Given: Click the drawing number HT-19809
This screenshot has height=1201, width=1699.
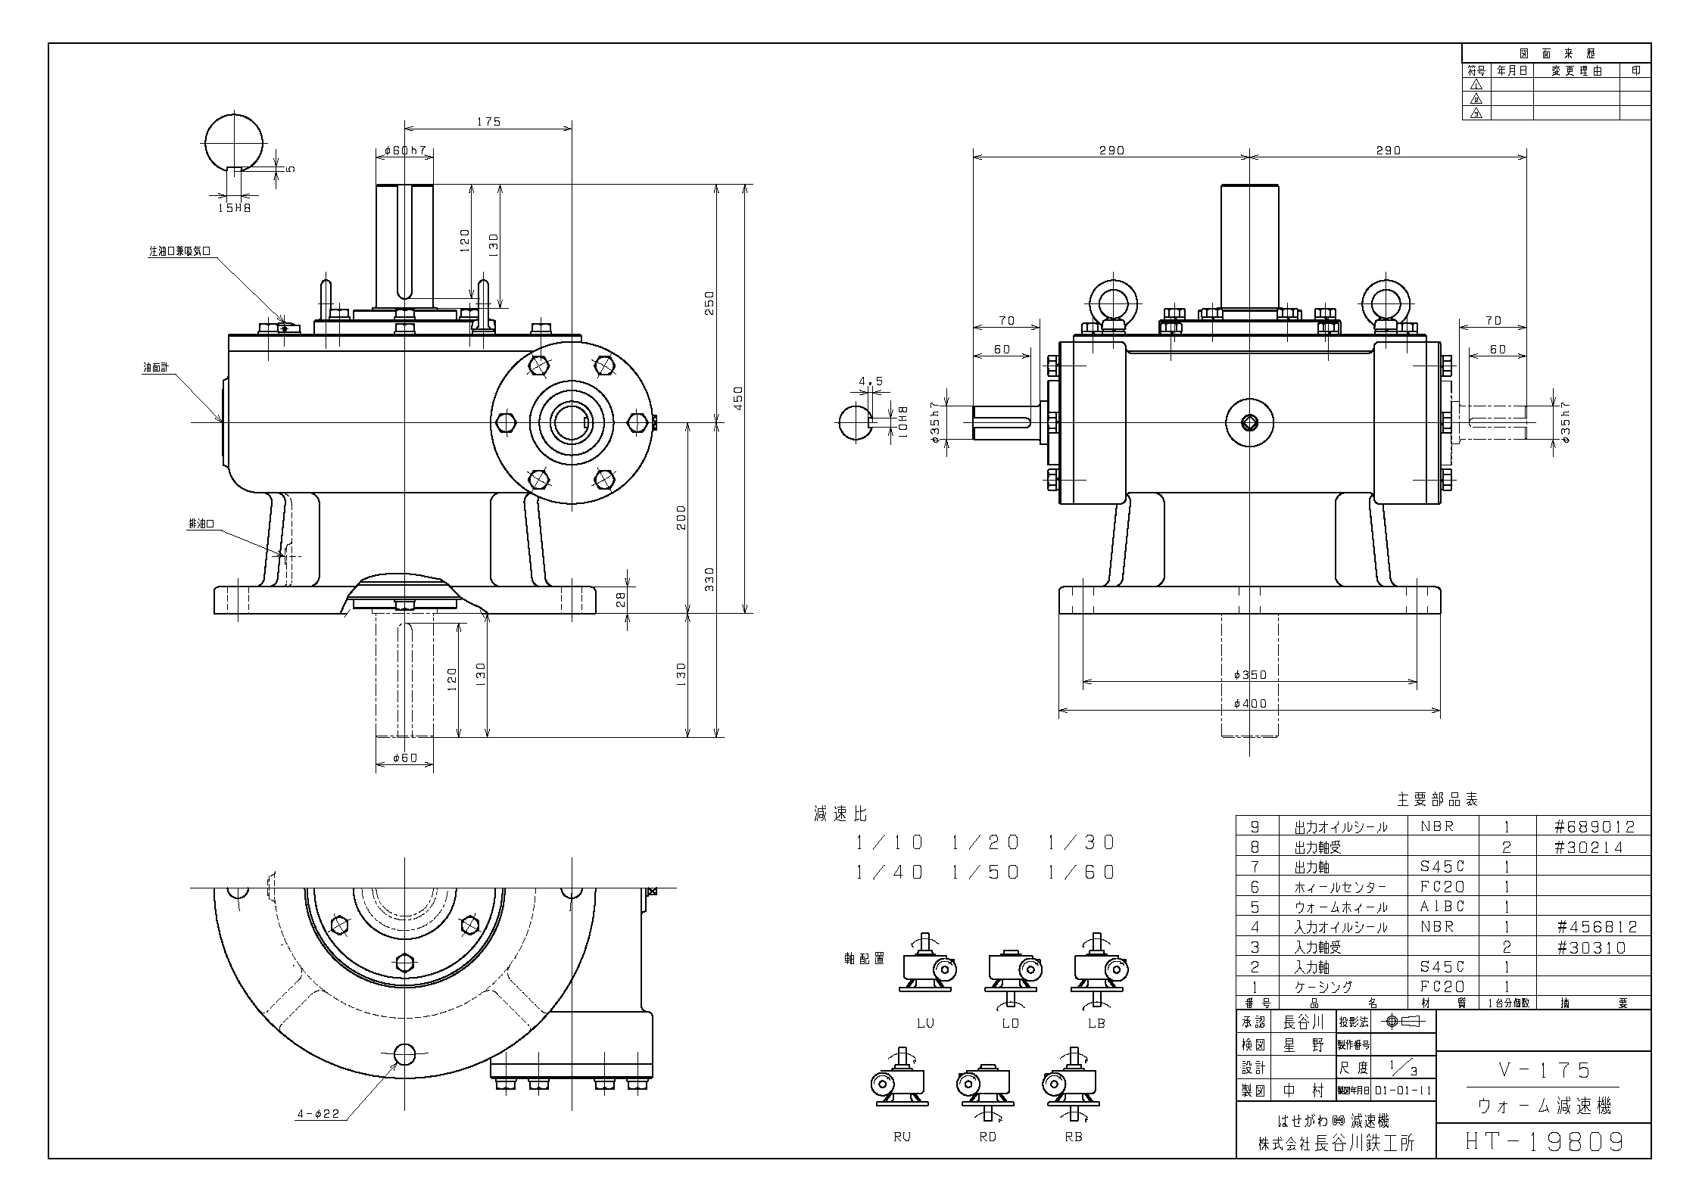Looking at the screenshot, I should point(1545,1140).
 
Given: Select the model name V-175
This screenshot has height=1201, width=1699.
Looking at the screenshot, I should point(1545,1070).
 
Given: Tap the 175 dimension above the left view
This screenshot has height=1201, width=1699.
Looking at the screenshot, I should point(488,122).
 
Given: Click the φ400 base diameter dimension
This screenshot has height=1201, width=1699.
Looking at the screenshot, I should point(1249,704).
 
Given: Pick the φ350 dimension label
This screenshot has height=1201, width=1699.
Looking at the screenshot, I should point(1249,674).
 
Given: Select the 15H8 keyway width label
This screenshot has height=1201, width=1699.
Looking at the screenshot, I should point(234,207).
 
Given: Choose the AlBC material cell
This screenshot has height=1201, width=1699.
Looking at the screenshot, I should point(1442,907).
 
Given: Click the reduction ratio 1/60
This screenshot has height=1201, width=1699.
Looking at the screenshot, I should point(1082,873).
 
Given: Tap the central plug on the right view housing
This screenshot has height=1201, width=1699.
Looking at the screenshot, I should point(1249,423).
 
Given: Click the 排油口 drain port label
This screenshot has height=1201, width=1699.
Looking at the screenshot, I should point(201,524).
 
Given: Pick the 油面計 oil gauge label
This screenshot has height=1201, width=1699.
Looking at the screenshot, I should point(156,368).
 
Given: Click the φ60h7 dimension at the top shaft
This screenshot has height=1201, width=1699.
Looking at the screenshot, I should point(404,151).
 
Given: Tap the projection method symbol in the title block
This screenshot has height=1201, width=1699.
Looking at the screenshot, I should point(1404,1022).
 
